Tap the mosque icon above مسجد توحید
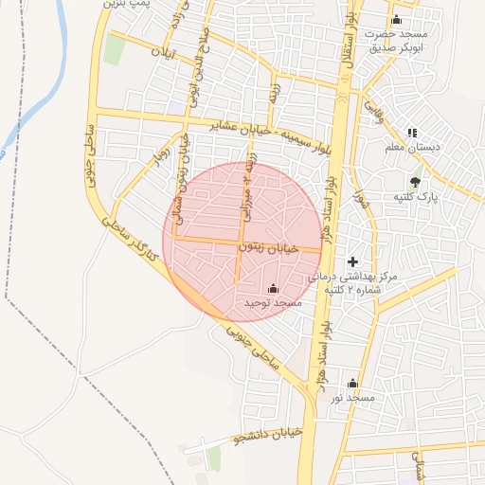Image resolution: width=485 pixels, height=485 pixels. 274,288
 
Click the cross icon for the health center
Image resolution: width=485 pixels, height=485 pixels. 353,261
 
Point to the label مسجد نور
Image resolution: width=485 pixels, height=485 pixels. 352,398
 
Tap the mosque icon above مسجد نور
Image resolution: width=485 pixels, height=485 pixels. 353,384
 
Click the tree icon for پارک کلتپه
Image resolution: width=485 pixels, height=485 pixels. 414,181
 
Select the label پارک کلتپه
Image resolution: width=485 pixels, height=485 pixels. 414,195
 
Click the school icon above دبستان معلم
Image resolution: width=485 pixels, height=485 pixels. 411,133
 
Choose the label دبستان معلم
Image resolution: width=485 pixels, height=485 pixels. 415,147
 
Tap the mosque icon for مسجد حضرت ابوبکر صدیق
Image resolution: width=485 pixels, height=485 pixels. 396,21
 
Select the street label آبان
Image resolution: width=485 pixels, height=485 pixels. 166,51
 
